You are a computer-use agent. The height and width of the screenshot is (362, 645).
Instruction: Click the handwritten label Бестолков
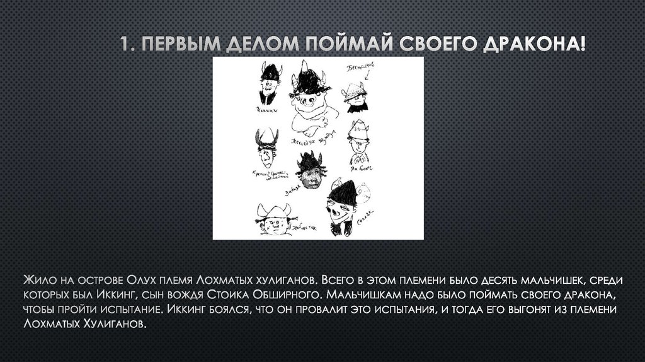360,67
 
